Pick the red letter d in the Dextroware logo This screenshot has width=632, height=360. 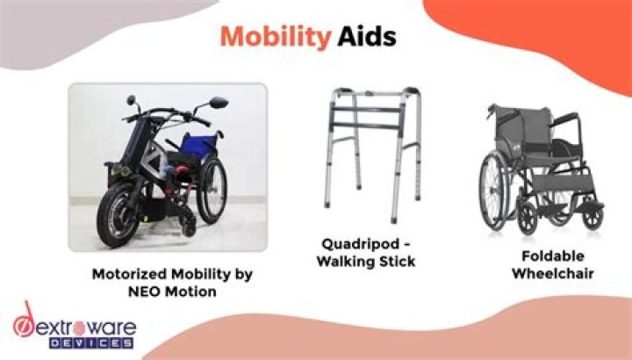coord(28,322)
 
